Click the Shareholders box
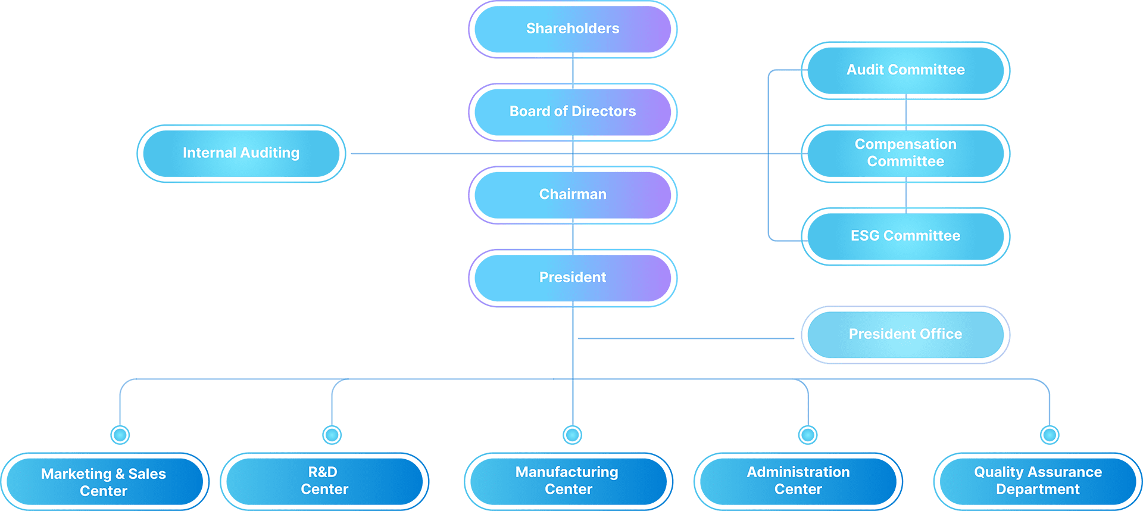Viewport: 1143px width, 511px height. [573, 29]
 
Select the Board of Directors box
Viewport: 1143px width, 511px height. [573, 112]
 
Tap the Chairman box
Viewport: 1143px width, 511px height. [573, 195]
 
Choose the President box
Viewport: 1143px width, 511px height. [573, 278]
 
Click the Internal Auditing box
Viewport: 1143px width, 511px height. [241, 153]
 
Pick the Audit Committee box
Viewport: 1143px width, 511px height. [905, 70]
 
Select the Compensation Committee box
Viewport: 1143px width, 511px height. [905, 153]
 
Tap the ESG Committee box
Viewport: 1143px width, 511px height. [905, 236]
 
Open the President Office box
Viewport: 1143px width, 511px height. [905, 334]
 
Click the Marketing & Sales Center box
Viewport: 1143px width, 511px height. [104, 482]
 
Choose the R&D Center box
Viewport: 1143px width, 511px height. [324, 481]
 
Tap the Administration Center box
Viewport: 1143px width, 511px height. [798, 481]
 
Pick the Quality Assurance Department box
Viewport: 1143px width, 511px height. [1038, 481]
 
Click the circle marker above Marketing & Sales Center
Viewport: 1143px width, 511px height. [120, 435]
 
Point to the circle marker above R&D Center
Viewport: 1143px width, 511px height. [332, 435]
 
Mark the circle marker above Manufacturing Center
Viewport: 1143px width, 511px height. [573, 435]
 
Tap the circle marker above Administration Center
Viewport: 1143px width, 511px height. [808, 435]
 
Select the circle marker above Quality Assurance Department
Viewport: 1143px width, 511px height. [1050, 435]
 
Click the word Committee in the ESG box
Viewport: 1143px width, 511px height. [922, 236]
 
